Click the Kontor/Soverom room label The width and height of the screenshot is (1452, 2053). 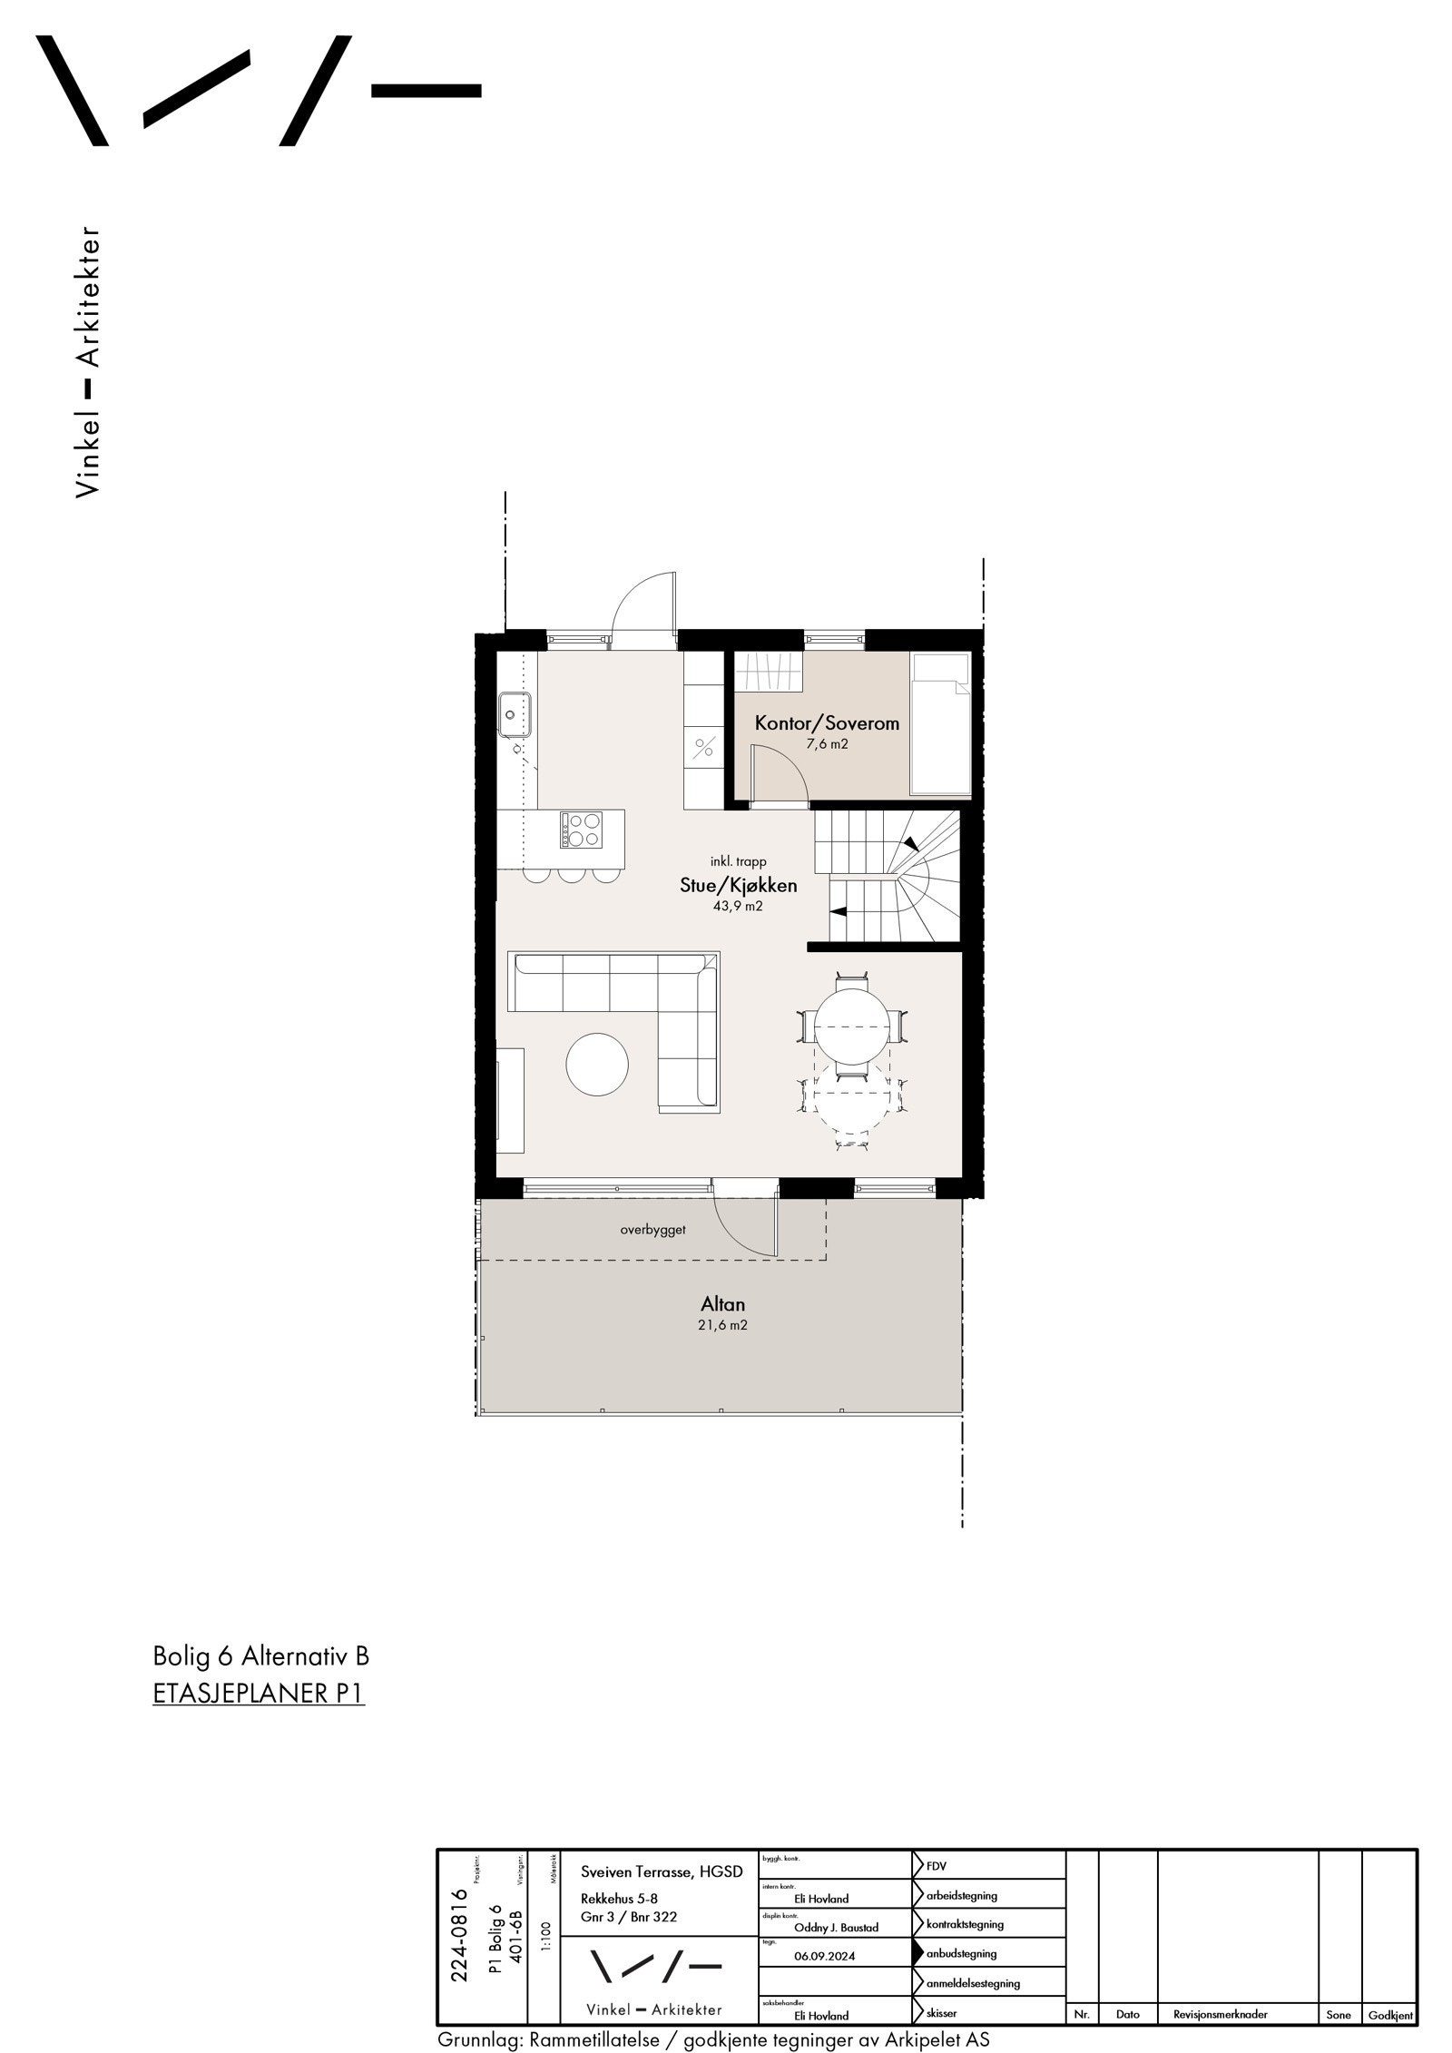[x=827, y=723]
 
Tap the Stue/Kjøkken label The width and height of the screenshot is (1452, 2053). [x=739, y=886]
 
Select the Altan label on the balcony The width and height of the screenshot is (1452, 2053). [x=722, y=1304]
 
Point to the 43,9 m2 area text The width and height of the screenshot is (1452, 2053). [x=739, y=906]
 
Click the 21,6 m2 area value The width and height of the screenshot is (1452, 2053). [x=723, y=1325]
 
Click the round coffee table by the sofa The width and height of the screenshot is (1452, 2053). [x=597, y=1064]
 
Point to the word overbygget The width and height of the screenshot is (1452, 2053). [x=652, y=1230]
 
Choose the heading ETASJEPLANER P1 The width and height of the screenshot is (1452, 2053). [x=259, y=1694]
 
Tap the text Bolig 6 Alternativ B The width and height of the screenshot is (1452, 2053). [x=261, y=1656]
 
